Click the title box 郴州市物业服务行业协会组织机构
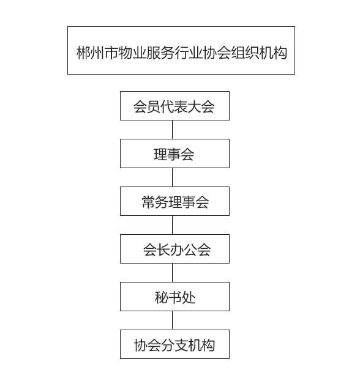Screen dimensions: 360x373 pyautogui.click(x=181, y=50)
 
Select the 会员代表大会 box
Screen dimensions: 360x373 pyautogui.click(x=174, y=106)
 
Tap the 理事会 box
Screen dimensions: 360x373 pyautogui.click(x=174, y=153)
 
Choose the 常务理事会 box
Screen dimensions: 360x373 pyautogui.click(x=174, y=201)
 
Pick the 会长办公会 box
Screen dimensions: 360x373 pyautogui.click(x=174, y=249)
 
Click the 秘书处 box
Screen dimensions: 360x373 pyautogui.click(x=174, y=297)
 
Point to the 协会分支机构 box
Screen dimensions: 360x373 pyautogui.click(x=174, y=344)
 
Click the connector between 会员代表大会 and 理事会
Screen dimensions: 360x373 pyautogui.click(x=172, y=130)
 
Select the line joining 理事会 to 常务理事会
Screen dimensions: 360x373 pyautogui.click(x=172, y=177)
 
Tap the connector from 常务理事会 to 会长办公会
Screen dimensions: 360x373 pyautogui.click(x=172, y=225)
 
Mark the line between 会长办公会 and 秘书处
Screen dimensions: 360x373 pyautogui.click(x=172, y=273)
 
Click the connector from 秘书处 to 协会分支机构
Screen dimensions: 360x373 pyautogui.click(x=172, y=320)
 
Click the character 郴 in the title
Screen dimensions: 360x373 pyautogui.click(x=83, y=53)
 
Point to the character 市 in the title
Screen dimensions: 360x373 pyautogui.click(x=111, y=53)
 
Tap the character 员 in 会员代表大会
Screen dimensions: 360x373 pyautogui.click(x=154, y=106)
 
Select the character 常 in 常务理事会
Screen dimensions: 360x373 pyautogui.click(x=148, y=202)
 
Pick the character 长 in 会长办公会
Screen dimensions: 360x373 pyautogui.click(x=163, y=249)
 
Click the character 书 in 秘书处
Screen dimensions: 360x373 pyautogui.click(x=174, y=297)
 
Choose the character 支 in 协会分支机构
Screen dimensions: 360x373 pyautogui.click(x=181, y=345)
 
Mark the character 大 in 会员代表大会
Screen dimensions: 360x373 pyautogui.click(x=193, y=106)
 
